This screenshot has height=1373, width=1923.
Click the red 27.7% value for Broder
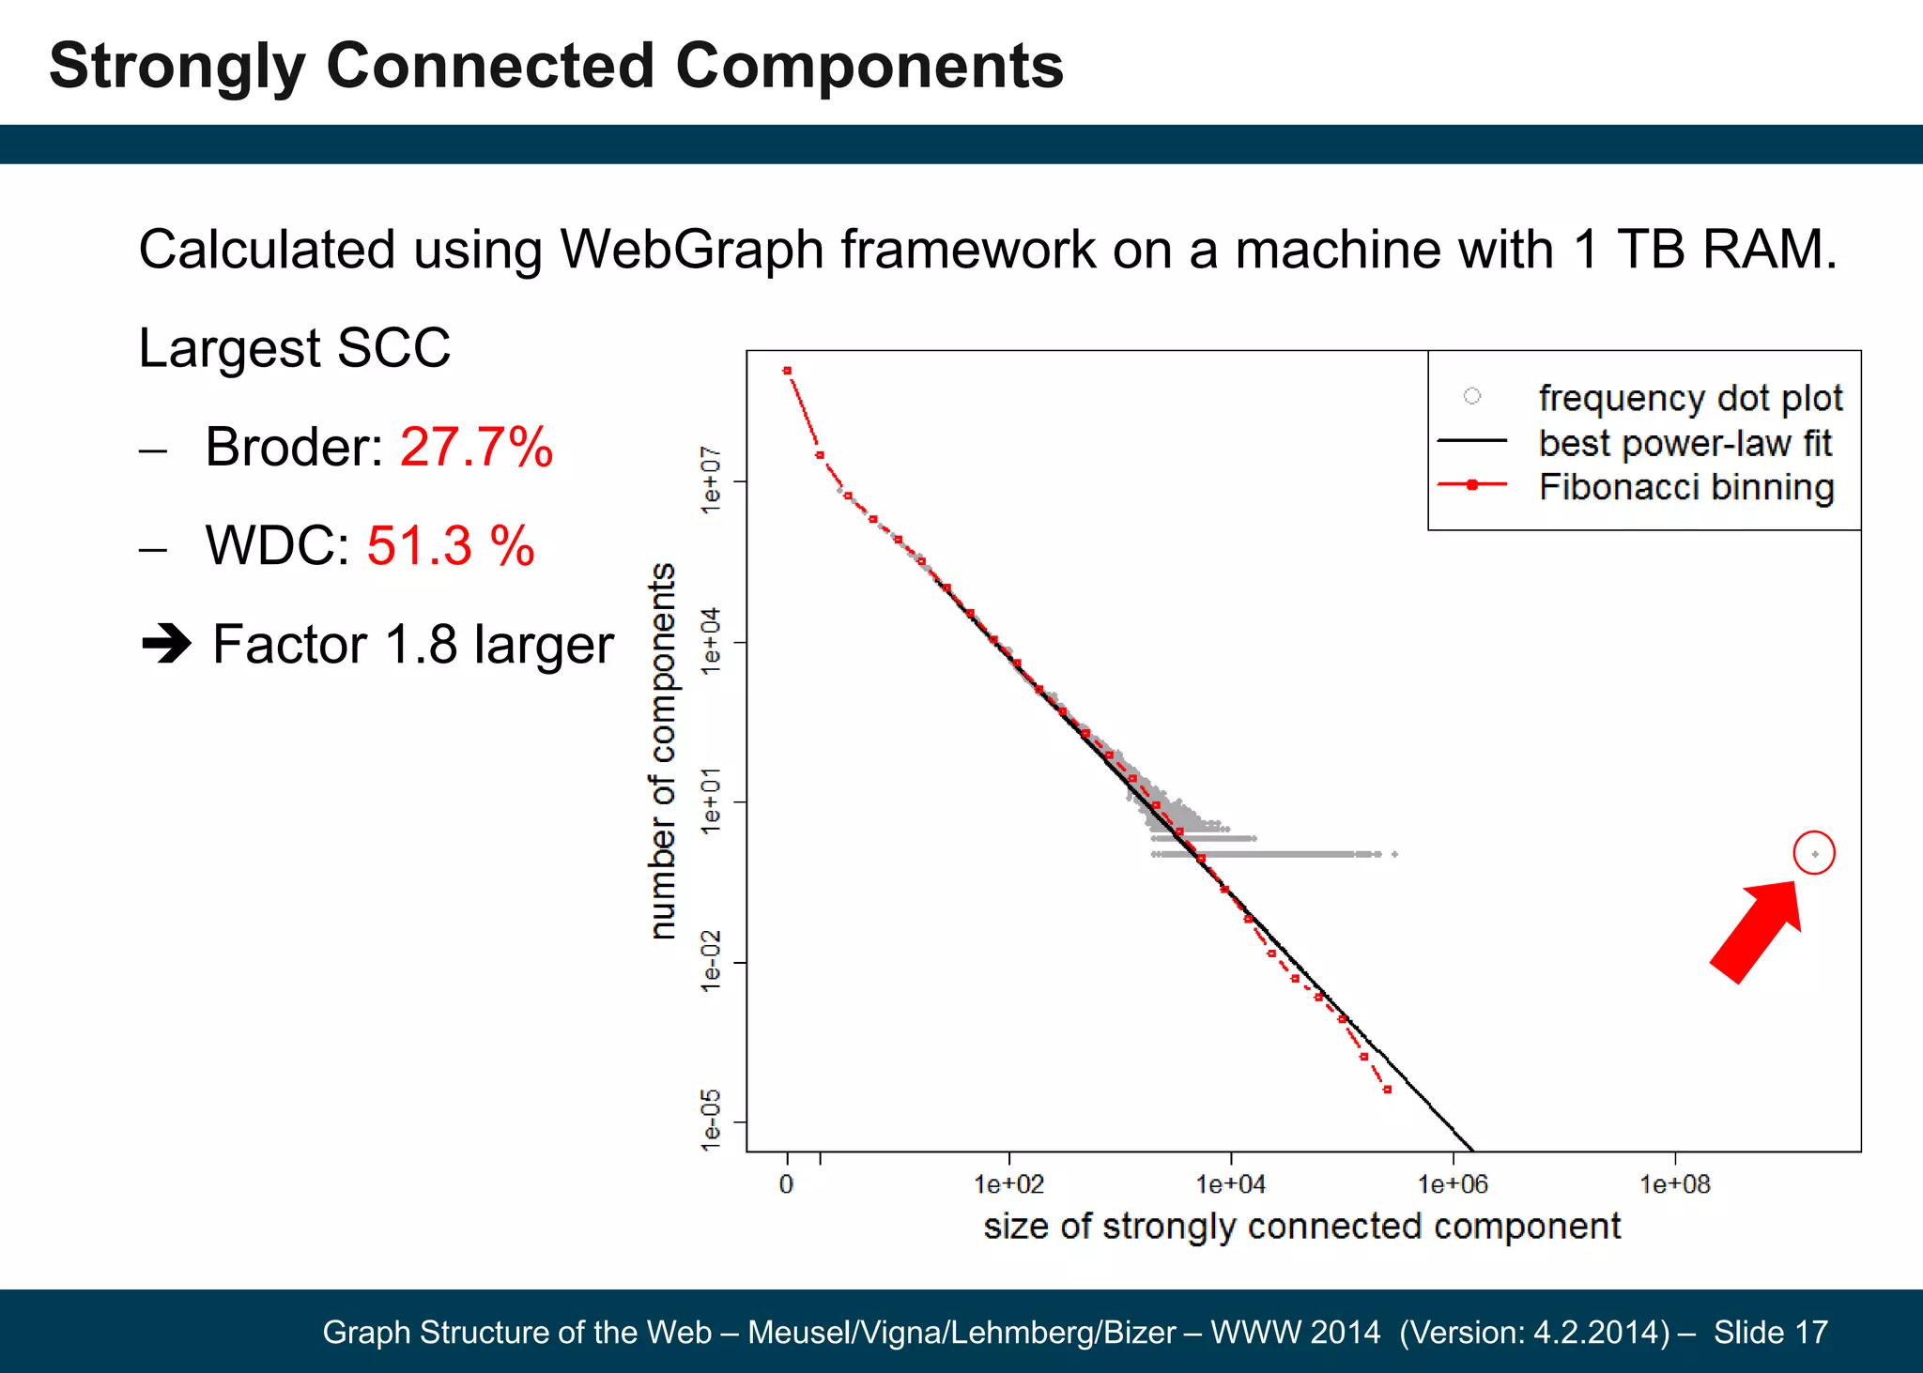coord(476,447)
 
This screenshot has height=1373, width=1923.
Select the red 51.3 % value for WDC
coord(450,545)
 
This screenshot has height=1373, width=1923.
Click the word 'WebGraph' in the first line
coord(691,251)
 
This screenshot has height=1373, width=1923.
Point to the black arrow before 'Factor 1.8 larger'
coord(166,645)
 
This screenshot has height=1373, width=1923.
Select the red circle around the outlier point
coord(1813,853)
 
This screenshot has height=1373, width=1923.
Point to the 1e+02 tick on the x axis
coord(1009,1184)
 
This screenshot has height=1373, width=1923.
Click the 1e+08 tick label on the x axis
coord(1675,1184)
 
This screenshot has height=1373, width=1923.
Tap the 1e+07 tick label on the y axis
coord(712,481)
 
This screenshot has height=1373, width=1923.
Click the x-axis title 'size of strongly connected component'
coord(1301,1227)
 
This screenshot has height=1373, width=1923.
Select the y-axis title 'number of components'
coord(663,751)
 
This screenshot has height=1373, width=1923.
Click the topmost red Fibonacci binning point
coord(787,371)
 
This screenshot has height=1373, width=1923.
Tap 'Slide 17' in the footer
coord(1770,1332)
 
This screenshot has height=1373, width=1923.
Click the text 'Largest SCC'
coord(295,348)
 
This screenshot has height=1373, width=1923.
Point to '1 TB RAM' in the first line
coord(1703,251)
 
